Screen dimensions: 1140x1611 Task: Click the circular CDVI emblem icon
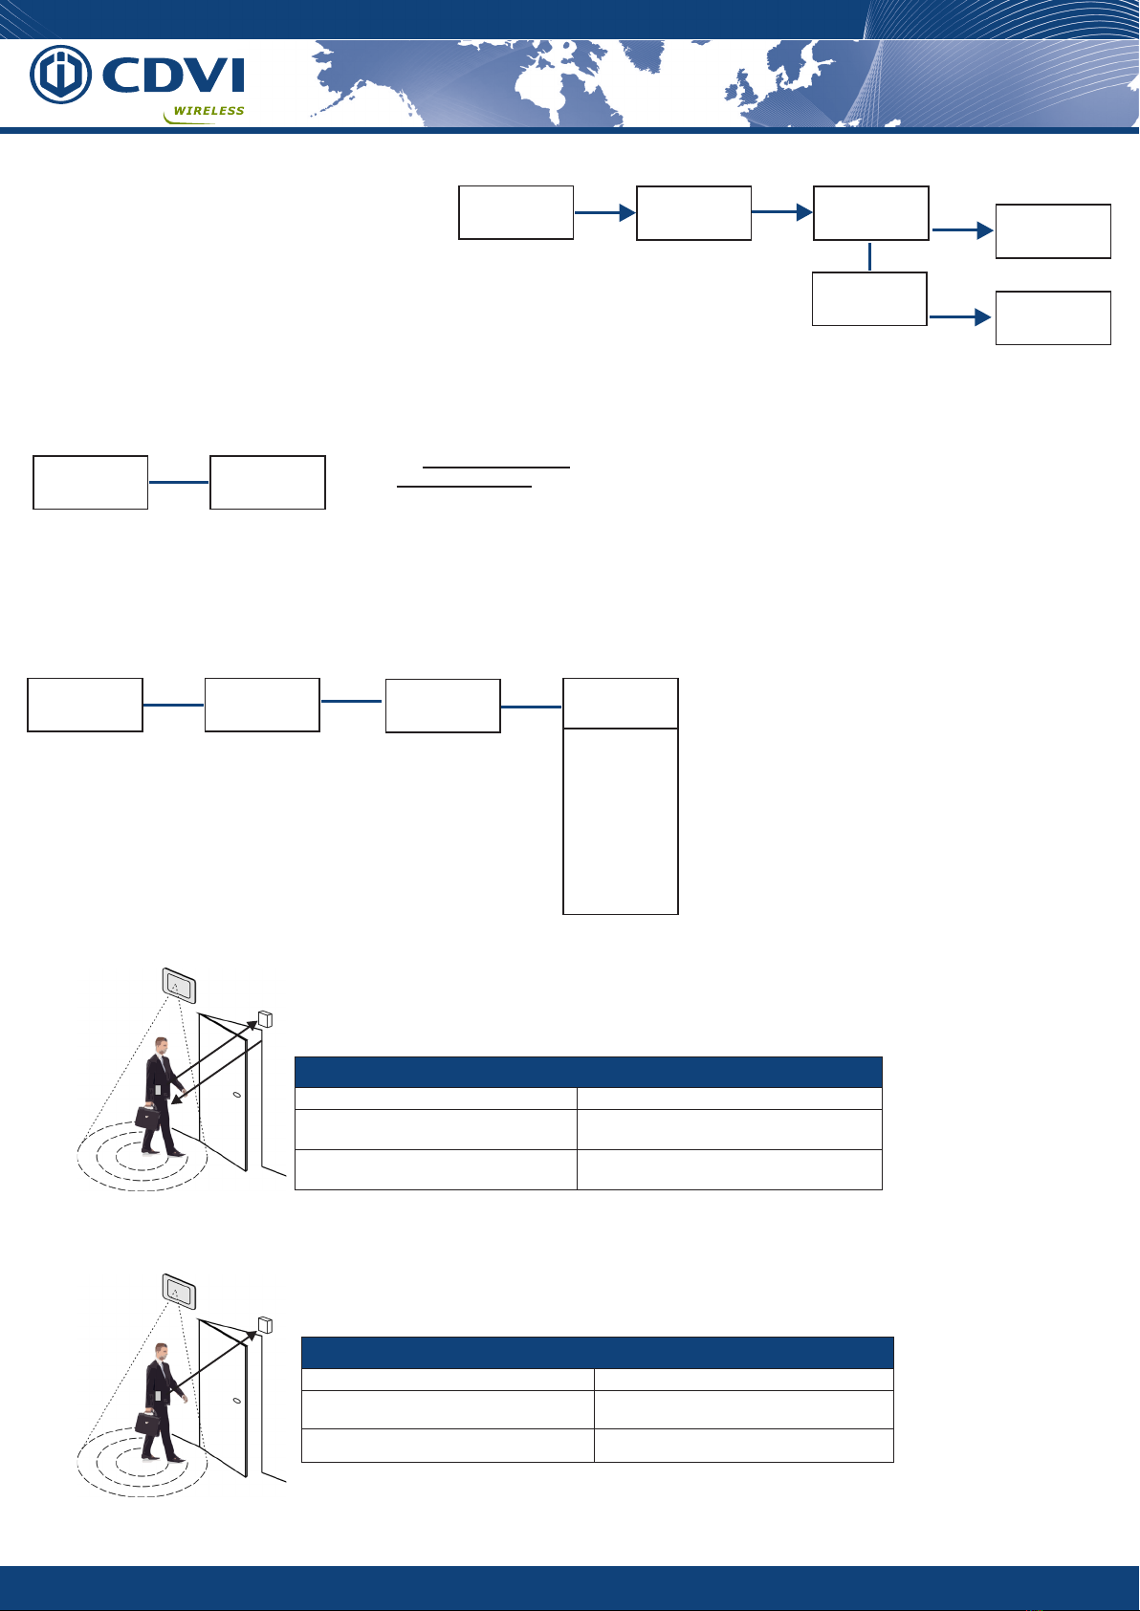(x=60, y=74)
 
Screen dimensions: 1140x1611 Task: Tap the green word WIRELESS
(x=209, y=111)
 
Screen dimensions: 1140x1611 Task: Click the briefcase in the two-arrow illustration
(x=147, y=1117)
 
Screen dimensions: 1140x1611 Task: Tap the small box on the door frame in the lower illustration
(x=265, y=1325)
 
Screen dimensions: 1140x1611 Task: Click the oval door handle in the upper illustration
(x=236, y=1096)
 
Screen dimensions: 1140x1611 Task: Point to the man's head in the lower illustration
(x=162, y=1350)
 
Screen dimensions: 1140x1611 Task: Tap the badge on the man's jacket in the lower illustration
(x=158, y=1396)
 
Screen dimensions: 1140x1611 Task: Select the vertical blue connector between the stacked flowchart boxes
(x=869, y=257)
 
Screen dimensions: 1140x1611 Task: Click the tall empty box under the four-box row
(x=620, y=821)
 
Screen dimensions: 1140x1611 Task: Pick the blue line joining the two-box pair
(x=179, y=482)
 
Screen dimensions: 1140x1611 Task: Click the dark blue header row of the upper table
(x=588, y=1072)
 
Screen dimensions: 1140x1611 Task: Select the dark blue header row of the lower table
(x=597, y=1352)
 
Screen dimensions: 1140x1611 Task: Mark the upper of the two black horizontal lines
(x=496, y=468)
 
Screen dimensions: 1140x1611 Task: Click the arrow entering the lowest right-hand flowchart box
(x=961, y=317)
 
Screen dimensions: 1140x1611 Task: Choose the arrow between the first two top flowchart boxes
(x=604, y=212)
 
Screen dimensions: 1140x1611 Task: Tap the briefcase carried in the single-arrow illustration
(x=147, y=1423)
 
